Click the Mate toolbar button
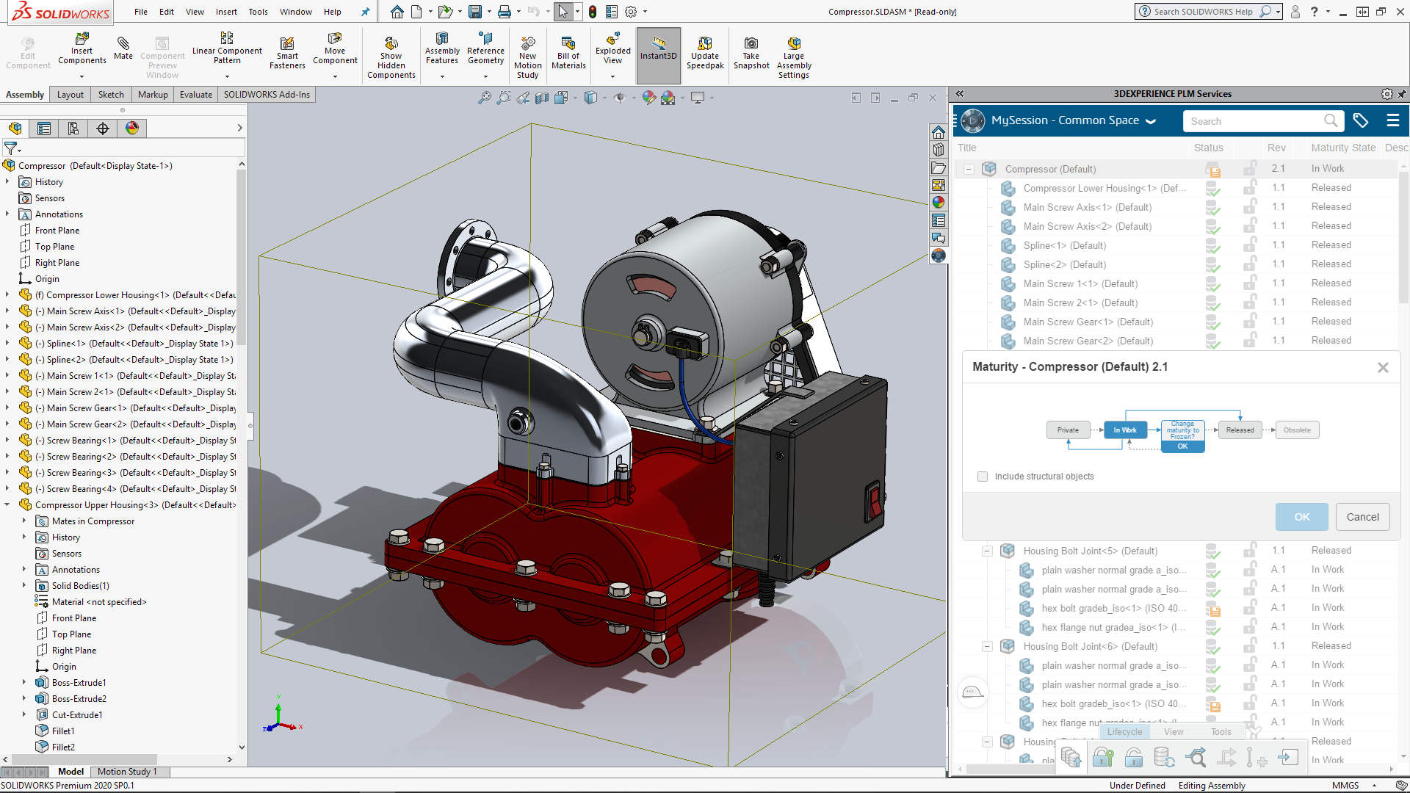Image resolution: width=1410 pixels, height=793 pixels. (x=123, y=48)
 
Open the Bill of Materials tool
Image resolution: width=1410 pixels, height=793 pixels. (x=568, y=53)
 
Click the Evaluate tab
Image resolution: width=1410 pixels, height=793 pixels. (x=196, y=95)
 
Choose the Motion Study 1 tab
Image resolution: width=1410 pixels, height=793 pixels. (x=127, y=772)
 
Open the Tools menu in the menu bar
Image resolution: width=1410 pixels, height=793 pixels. (x=258, y=12)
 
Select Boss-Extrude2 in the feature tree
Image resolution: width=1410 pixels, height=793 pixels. (x=79, y=699)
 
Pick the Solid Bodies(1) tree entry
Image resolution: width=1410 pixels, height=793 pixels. (x=80, y=586)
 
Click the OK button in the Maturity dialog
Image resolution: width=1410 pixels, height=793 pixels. (x=1301, y=517)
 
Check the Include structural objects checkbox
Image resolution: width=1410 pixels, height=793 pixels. (x=983, y=477)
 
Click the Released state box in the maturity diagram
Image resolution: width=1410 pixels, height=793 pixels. (x=1240, y=430)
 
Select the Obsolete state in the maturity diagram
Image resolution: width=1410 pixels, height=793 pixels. (x=1297, y=430)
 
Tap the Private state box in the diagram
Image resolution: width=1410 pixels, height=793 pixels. (x=1068, y=430)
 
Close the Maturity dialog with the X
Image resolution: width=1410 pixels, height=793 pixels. (x=1383, y=367)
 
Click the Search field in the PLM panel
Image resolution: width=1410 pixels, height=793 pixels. (x=1255, y=121)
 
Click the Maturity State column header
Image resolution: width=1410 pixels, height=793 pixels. (x=1343, y=148)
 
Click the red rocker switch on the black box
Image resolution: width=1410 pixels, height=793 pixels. (x=875, y=502)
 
